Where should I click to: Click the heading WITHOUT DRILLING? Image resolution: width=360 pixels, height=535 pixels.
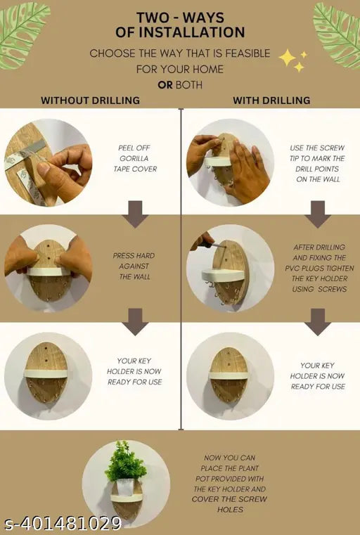coord(91,101)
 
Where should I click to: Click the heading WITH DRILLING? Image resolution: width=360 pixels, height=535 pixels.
coord(271,101)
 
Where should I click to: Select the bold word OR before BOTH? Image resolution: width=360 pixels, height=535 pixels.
coord(165,85)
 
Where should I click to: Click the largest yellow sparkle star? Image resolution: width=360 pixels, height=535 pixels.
coord(288,58)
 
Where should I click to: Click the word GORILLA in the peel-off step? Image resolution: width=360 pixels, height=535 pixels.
coord(134,158)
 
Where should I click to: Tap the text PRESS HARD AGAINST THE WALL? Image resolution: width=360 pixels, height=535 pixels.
coord(134,266)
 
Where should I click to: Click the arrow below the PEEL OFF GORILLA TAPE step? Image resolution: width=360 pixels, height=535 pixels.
coord(136,214)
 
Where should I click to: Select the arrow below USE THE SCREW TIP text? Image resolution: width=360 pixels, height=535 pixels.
coord(318,214)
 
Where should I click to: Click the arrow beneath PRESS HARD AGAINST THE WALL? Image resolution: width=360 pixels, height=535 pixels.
coord(136,322)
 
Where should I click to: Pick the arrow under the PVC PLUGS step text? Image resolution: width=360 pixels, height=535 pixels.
coord(318,322)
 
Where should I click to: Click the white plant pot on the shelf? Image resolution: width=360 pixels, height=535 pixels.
coord(125,487)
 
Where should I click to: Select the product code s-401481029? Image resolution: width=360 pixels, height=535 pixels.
coord(63,523)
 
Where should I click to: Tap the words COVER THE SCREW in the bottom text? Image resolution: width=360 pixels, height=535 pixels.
coord(229,499)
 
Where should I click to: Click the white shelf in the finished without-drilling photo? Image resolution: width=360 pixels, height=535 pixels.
coord(46,373)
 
